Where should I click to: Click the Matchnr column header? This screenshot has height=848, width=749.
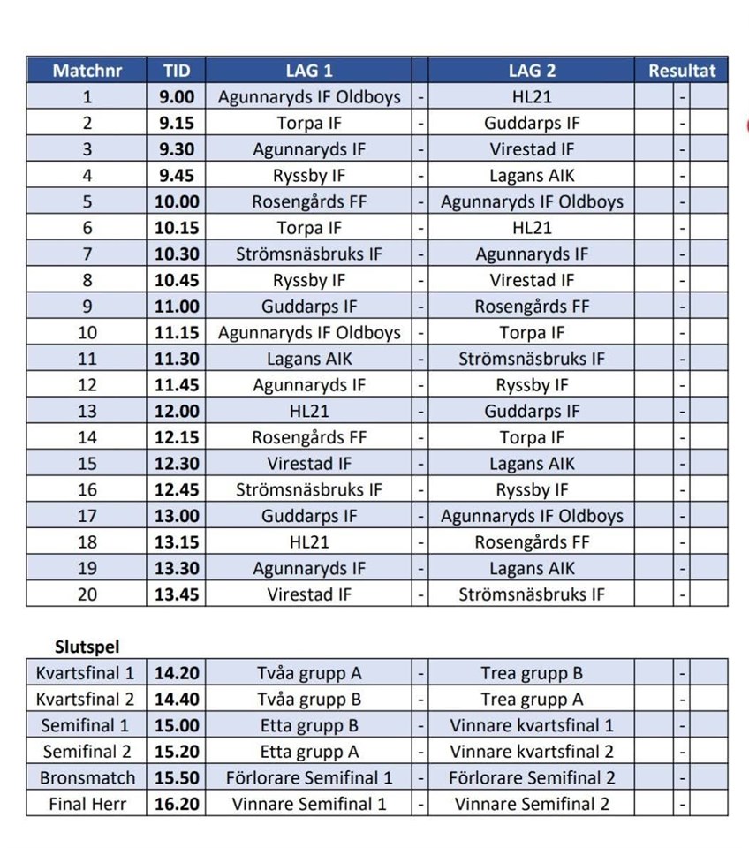[87, 71]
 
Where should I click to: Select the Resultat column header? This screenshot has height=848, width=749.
[682, 71]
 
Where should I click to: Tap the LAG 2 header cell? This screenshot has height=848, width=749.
[531, 71]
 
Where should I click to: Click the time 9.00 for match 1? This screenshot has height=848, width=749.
[177, 97]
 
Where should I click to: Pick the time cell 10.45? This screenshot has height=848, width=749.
[177, 281]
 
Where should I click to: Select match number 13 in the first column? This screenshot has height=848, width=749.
[87, 412]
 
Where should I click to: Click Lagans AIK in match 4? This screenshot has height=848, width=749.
[532, 176]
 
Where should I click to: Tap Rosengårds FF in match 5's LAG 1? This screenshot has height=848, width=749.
[309, 202]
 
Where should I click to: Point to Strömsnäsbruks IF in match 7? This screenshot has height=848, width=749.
[309, 254]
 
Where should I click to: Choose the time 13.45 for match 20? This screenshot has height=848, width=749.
[177, 595]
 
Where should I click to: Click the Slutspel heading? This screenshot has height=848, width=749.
[87, 647]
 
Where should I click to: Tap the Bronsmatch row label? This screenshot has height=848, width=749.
[87, 778]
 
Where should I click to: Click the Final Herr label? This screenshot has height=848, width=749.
[87, 805]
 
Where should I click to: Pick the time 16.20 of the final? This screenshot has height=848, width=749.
[177, 805]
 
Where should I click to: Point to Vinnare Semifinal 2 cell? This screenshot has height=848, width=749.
[532, 805]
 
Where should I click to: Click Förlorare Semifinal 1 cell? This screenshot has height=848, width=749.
[309, 778]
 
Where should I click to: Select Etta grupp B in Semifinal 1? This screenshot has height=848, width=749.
[309, 726]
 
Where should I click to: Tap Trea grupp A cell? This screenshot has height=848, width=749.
[532, 700]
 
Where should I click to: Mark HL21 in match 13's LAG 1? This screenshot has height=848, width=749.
[309, 412]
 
